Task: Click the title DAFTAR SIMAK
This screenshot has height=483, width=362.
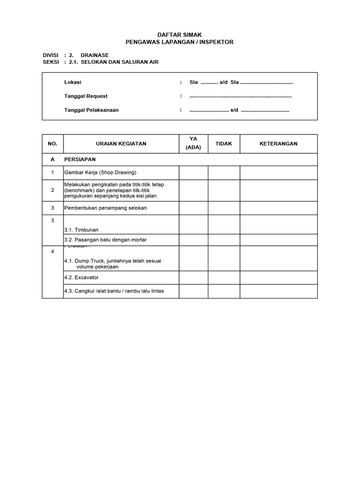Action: [179, 35]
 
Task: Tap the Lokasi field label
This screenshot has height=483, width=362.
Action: [73, 82]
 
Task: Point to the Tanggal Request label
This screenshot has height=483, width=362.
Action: [86, 96]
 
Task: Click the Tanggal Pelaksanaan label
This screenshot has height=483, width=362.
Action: [91, 110]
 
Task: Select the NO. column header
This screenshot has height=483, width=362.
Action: [52, 144]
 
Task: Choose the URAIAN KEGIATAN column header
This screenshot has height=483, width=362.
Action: [121, 144]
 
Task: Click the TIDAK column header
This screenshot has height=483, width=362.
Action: [224, 144]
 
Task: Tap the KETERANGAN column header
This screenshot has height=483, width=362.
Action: [279, 144]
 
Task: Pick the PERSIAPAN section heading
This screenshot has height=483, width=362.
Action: [80, 159]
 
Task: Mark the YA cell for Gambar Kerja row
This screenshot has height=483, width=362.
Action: [194, 173]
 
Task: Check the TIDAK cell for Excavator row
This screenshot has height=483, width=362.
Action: [224, 278]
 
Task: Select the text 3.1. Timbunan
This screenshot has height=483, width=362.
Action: [82, 230]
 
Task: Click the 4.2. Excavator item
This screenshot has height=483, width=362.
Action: [82, 278]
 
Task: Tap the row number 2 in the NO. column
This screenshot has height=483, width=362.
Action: [52, 190]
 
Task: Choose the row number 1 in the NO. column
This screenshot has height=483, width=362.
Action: [52, 173]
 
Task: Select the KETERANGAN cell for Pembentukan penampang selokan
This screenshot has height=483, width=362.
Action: [279, 208]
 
